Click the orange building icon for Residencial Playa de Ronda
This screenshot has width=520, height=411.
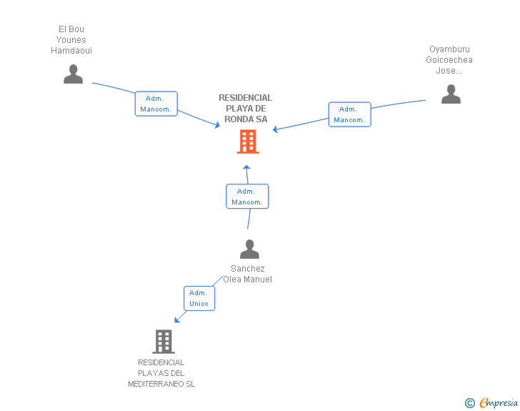click(248, 142)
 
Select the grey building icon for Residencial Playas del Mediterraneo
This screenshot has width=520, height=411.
click(164, 342)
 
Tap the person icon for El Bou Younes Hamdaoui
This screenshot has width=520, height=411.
click(73, 74)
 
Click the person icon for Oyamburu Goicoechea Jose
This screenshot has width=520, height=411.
click(451, 94)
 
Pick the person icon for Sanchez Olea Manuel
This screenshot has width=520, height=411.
click(249, 249)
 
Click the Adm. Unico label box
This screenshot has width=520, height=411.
click(199, 298)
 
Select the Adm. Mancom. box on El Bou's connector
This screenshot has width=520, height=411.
click(156, 104)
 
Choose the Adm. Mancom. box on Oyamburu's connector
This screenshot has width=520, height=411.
click(349, 114)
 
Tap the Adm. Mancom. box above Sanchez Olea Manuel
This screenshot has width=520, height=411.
click(247, 197)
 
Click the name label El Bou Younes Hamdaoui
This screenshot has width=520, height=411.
click(71, 40)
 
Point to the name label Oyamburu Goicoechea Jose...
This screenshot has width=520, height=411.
click(449, 60)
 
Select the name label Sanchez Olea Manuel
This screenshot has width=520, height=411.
click(248, 274)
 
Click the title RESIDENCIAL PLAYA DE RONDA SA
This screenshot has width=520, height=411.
click(246, 109)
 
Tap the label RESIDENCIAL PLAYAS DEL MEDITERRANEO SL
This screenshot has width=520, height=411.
click(161, 373)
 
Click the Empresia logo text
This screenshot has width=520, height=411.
click(498, 402)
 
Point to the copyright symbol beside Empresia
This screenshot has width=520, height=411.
click(469, 403)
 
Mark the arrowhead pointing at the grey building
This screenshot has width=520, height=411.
click(176, 320)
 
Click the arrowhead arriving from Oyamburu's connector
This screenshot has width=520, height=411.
click(275, 129)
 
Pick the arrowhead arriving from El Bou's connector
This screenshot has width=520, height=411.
click(218, 126)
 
